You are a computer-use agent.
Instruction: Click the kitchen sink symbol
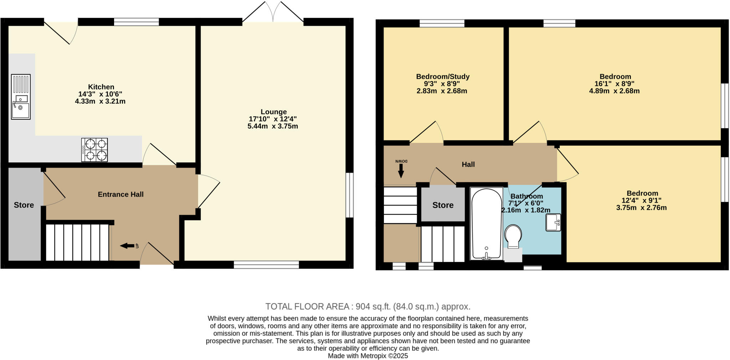click(x=21, y=97)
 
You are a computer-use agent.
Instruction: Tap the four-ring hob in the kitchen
click(x=94, y=150)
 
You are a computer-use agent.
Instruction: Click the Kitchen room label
click(x=101, y=87)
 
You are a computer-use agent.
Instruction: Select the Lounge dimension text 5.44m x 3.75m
click(x=273, y=126)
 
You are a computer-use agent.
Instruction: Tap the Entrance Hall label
click(x=120, y=194)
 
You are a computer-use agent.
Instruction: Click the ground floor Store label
click(x=24, y=205)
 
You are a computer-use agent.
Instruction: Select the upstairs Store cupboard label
click(x=443, y=205)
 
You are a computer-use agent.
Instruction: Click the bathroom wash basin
click(x=553, y=222)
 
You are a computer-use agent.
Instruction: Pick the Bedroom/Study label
click(x=443, y=77)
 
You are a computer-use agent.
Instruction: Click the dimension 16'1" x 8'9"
click(x=615, y=84)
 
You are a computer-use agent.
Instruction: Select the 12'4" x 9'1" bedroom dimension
click(x=642, y=200)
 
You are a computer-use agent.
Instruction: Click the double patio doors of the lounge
click(x=273, y=12)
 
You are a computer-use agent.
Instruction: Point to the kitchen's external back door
click(x=61, y=32)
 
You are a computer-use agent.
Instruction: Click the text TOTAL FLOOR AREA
click(x=307, y=307)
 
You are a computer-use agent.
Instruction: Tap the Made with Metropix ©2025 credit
click(x=368, y=356)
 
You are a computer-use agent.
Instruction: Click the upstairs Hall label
click(x=468, y=164)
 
